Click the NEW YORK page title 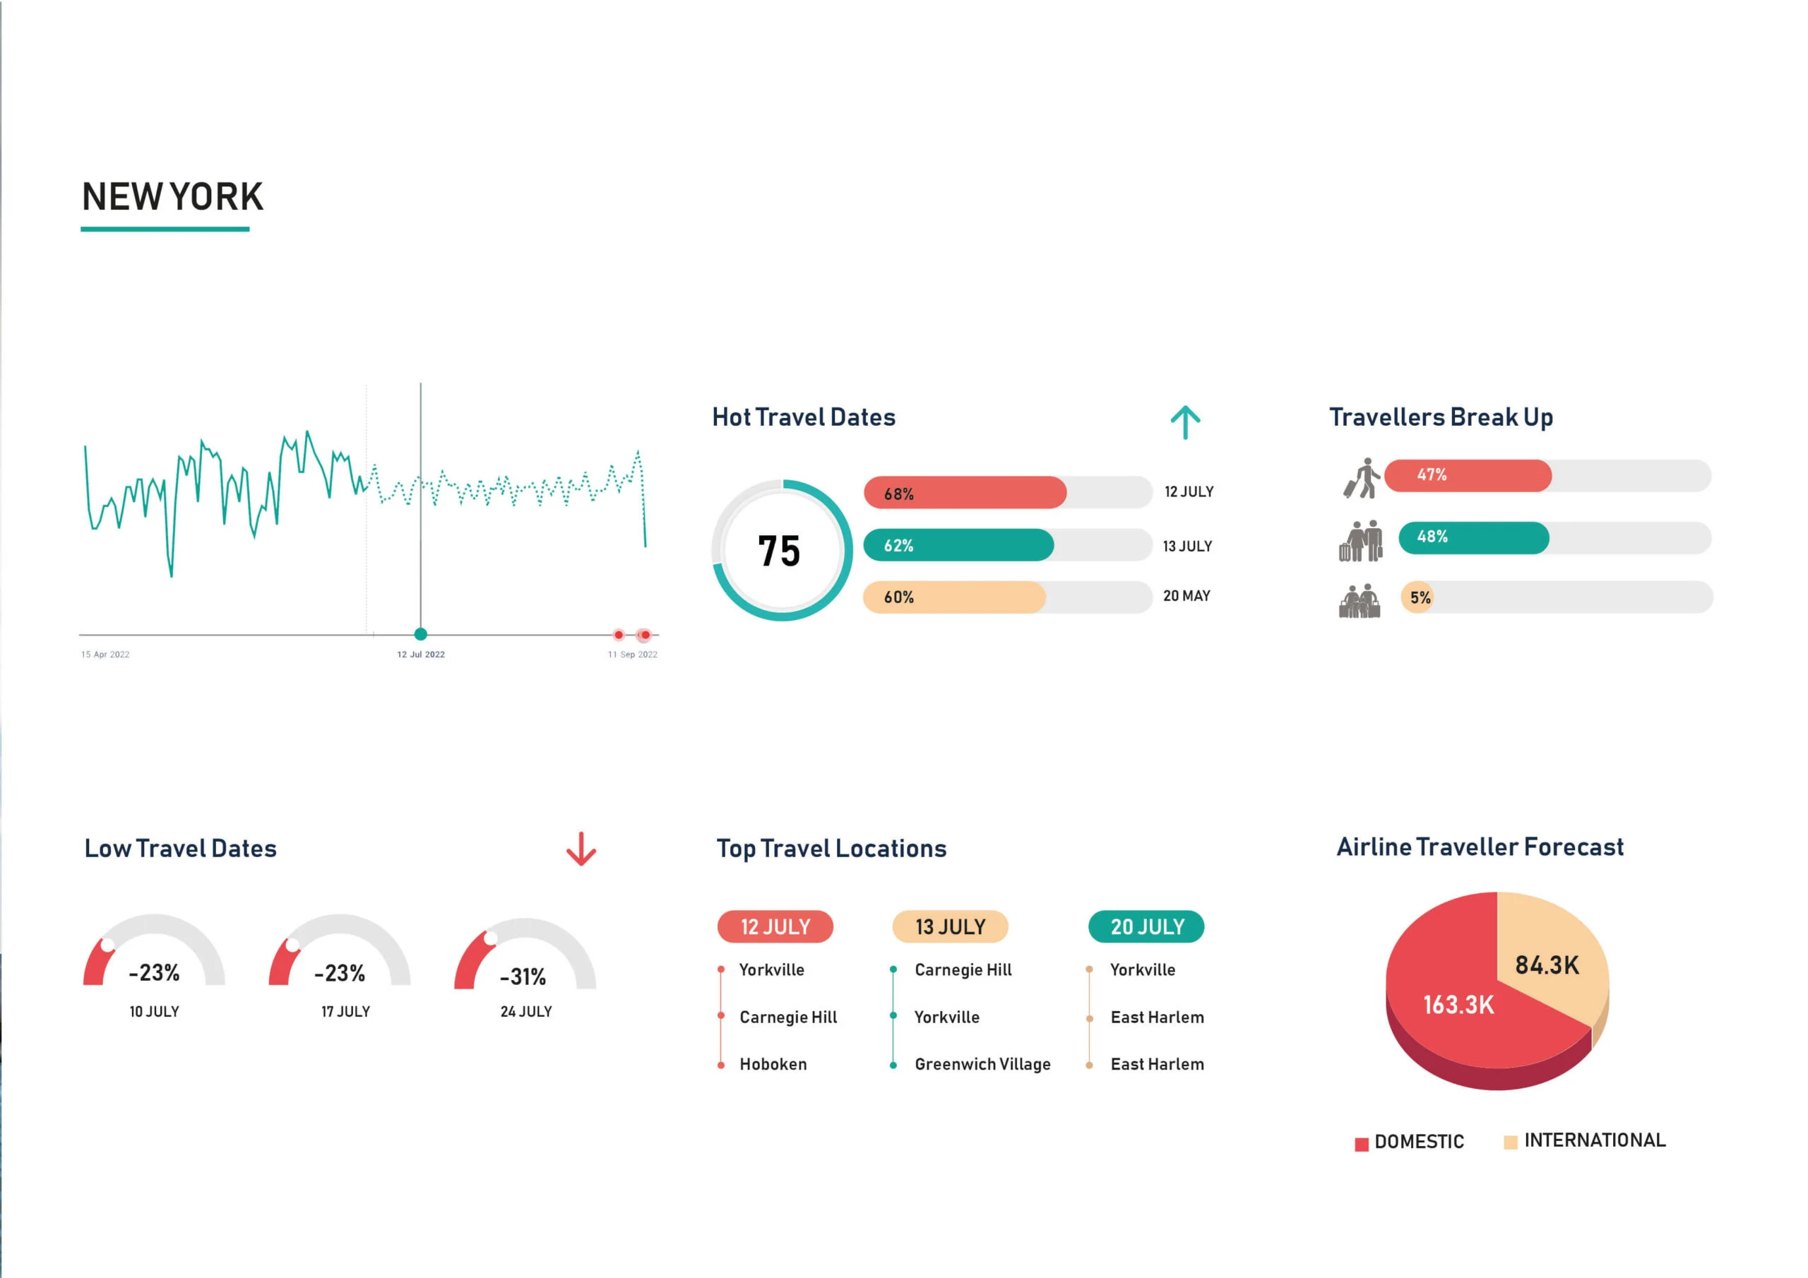coord(172,197)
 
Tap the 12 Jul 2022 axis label coord(420,655)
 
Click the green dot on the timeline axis coord(420,634)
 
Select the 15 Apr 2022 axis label coord(105,655)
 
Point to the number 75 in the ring coord(779,551)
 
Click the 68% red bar coord(965,493)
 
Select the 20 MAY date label coord(1186,596)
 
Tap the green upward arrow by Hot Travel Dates coord(1185,422)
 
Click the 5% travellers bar coord(1418,597)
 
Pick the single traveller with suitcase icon coord(1362,478)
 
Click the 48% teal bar coord(1473,537)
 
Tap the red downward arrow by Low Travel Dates coord(581,849)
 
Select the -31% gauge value coord(523,977)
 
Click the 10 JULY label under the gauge coord(155,1012)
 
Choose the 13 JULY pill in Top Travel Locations coord(950,927)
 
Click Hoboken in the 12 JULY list coord(773,1065)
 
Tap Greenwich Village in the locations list coord(982,1065)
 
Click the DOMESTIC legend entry coord(1410,1142)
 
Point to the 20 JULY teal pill coord(1146,927)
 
